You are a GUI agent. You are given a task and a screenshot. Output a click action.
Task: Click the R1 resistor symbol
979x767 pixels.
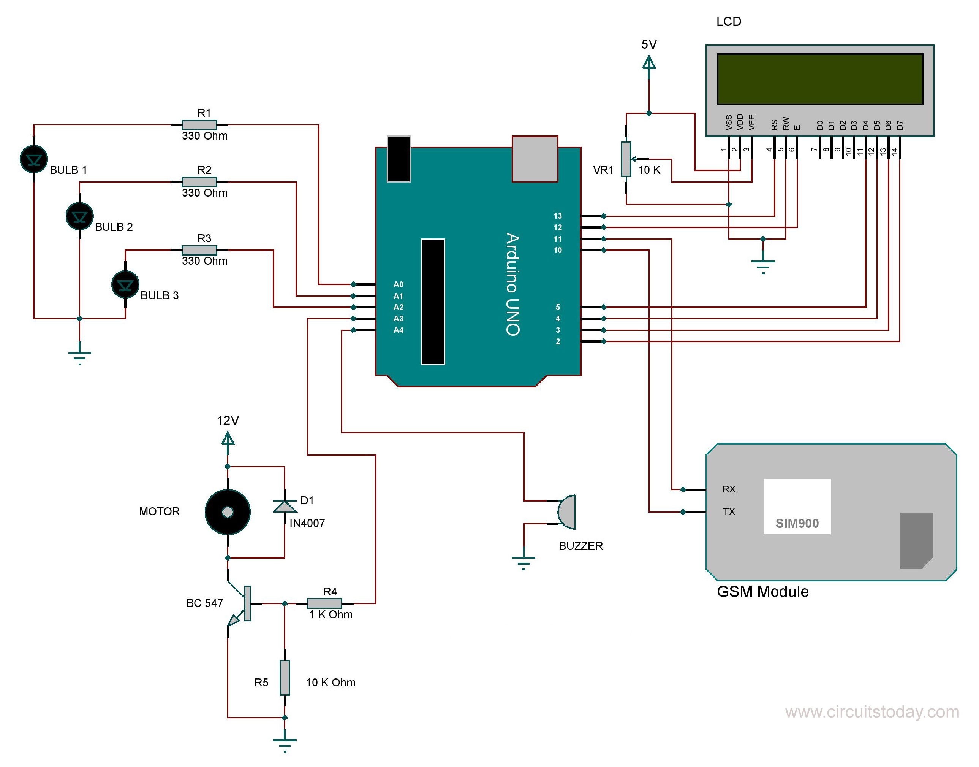(x=199, y=125)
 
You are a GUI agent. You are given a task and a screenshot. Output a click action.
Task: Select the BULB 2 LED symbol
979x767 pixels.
(x=79, y=216)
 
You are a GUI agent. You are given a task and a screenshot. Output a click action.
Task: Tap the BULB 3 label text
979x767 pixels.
(x=159, y=295)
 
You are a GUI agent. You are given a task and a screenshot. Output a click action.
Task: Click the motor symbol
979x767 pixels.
(x=228, y=512)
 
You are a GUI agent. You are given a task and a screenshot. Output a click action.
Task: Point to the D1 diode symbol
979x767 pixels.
(x=285, y=507)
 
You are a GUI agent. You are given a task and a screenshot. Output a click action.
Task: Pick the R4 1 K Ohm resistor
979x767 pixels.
(x=324, y=603)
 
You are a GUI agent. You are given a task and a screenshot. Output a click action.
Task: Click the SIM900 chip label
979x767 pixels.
(x=797, y=524)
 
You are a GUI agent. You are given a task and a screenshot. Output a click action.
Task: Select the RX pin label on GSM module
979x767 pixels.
(x=729, y=489)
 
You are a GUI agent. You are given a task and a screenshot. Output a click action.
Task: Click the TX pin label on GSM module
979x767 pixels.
(x=729, y=511)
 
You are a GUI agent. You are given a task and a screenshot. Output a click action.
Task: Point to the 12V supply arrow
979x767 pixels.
(x=228, y=438)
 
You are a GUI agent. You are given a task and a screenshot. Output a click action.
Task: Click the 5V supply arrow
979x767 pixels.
(x=649, y=62)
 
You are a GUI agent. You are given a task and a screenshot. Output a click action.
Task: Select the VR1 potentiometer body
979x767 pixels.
(x=626, y=159)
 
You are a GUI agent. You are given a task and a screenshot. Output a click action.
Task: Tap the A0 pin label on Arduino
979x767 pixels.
(x=399, y=284)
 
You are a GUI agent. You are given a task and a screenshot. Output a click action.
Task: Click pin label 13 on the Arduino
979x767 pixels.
(x=557, y=216)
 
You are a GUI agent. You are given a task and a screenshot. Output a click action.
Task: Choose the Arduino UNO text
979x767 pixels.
(x=512, y=284)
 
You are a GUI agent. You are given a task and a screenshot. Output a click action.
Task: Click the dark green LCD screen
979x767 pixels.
(x=819, y=79)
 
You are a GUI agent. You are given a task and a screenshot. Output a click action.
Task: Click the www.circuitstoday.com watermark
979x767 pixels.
(x=872, y=712)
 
